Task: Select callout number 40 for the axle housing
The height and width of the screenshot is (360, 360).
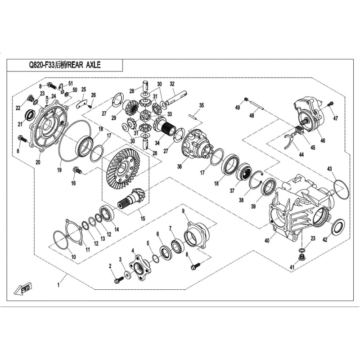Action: pos(267,241)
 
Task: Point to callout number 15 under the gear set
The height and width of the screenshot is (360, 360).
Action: pos(143,218)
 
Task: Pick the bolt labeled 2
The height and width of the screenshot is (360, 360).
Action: pos(118,280)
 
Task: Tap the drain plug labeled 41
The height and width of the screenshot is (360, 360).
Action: pos(301,257)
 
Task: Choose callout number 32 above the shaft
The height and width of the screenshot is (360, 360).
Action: pos(172,84)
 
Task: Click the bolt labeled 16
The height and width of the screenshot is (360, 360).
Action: pos(77,171)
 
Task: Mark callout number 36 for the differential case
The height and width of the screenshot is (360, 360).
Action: pos(180,166)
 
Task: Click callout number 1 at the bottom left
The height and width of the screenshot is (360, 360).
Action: pos(58,285)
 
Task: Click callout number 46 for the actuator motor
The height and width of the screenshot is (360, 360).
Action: pos(323,140)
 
